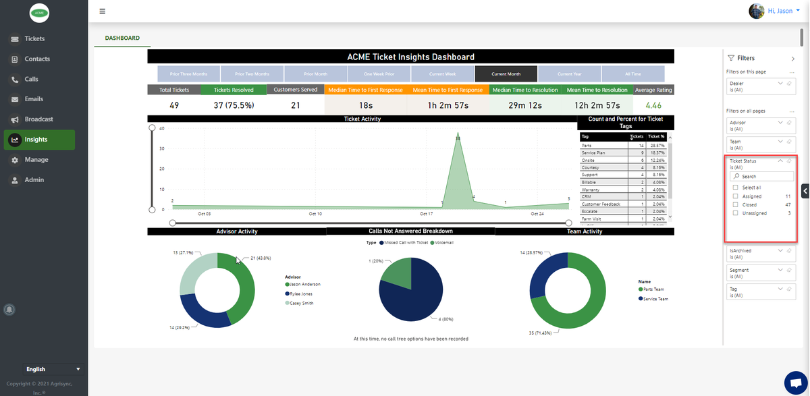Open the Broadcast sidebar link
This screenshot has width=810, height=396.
point(38,119)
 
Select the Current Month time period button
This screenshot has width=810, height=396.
point(506,74)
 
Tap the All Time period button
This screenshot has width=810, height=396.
point(633,74)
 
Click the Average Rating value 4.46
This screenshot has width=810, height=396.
point(653,105)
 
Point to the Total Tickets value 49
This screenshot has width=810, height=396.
point(174,105)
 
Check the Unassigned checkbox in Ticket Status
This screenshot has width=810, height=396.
point(736,213)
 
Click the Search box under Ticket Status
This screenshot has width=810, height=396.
point(763,177)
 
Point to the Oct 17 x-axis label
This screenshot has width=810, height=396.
point(426,214)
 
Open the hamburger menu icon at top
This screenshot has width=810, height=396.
point(102,11)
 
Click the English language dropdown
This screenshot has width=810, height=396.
point(52,369)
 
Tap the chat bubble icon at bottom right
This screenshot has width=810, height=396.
point(793,381)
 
